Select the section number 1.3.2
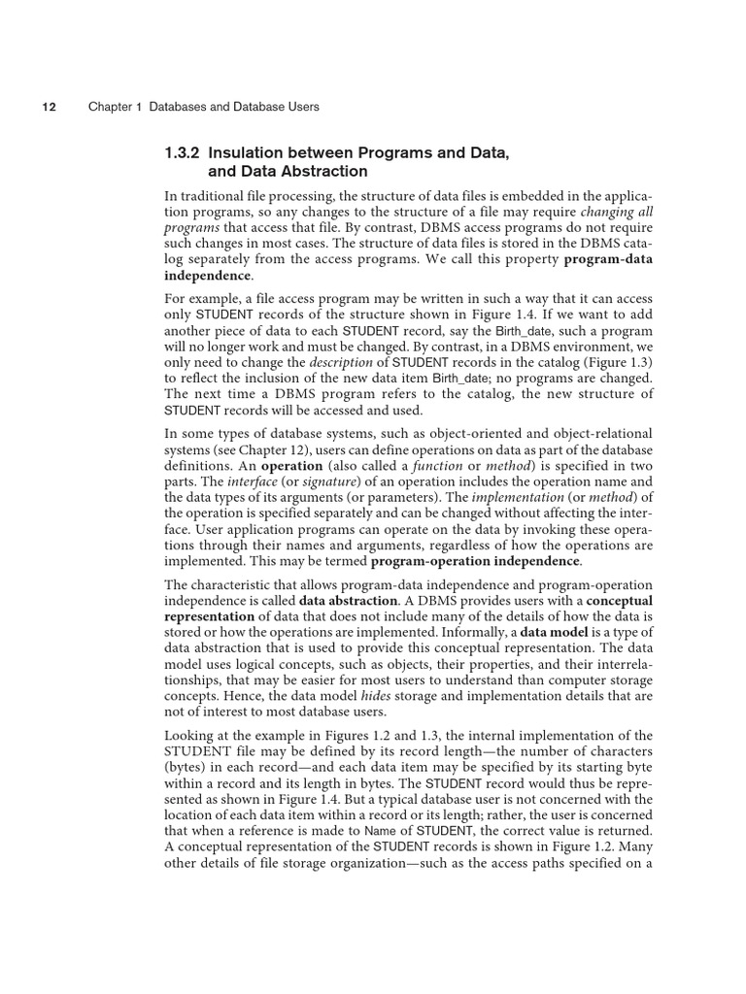184,152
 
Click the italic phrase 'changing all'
617,212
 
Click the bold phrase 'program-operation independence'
475,561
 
